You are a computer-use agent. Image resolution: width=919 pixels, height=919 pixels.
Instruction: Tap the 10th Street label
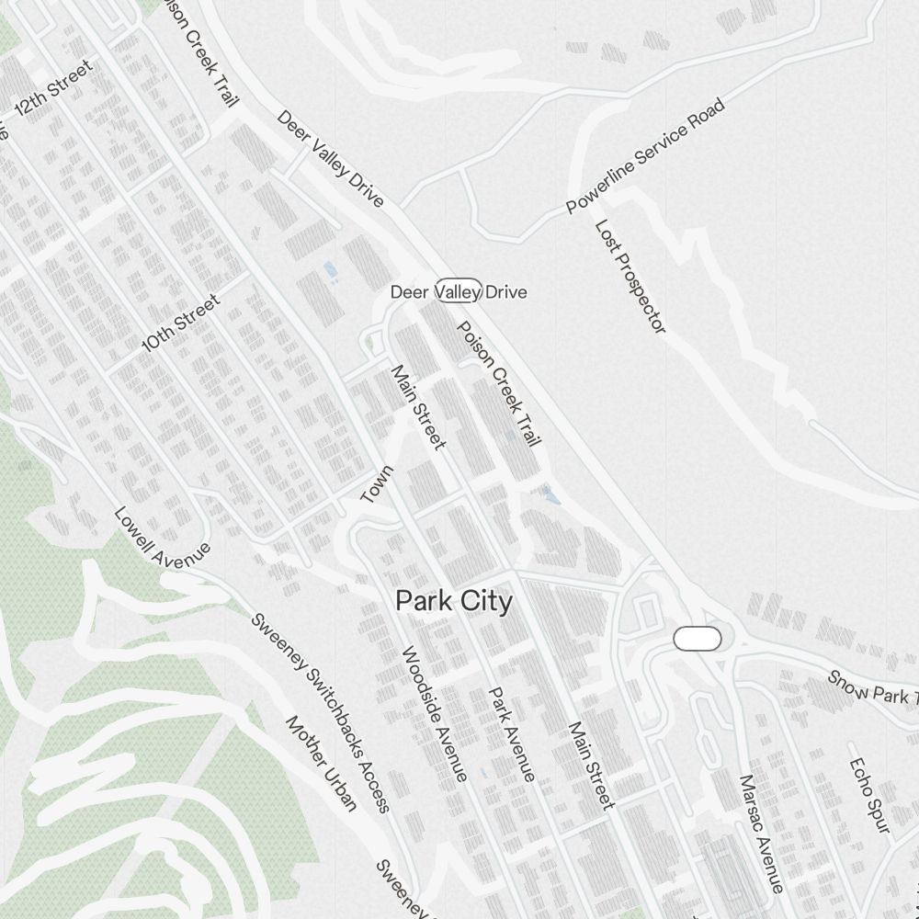coord(182,323)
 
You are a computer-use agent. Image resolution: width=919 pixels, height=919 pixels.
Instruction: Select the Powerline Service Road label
coord(645,155)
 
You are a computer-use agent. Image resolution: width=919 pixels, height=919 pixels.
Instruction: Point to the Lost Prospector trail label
coord(630,276)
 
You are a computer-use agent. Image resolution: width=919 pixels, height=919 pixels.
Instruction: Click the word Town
coord(377,484)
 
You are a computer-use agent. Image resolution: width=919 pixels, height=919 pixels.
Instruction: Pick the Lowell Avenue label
coord(162,538)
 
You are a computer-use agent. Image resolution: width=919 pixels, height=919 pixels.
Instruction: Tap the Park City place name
coord(453,601)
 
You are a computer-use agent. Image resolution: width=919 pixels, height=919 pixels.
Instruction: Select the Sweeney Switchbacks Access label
coord(321,713)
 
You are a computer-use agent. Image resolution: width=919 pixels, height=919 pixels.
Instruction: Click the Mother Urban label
coord(321,764)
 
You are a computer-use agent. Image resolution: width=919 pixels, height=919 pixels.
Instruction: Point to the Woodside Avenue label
coord(435,713)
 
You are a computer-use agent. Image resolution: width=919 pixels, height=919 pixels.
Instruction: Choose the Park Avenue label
coord(511,734)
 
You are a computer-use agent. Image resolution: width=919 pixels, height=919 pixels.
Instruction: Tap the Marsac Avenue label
coord(762,833)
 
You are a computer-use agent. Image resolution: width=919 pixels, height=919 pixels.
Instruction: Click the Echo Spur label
coord(869,796)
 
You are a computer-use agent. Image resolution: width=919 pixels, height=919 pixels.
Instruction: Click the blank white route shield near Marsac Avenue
coord(698,639)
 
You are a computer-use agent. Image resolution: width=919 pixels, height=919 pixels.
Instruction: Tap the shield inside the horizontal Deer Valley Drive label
coord(459,291)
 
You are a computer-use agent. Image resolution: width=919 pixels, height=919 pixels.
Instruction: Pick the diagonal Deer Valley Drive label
coord(330,159)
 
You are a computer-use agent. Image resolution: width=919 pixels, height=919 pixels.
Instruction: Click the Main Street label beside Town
coord(418,407)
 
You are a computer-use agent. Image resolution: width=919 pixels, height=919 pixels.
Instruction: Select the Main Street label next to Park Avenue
coord(590,766)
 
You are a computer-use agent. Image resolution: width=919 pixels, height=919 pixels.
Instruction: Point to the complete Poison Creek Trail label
coord(499,383)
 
